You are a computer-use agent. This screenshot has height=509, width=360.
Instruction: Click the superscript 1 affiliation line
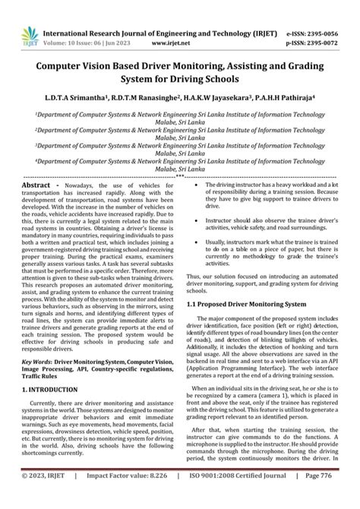click(179, 116)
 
